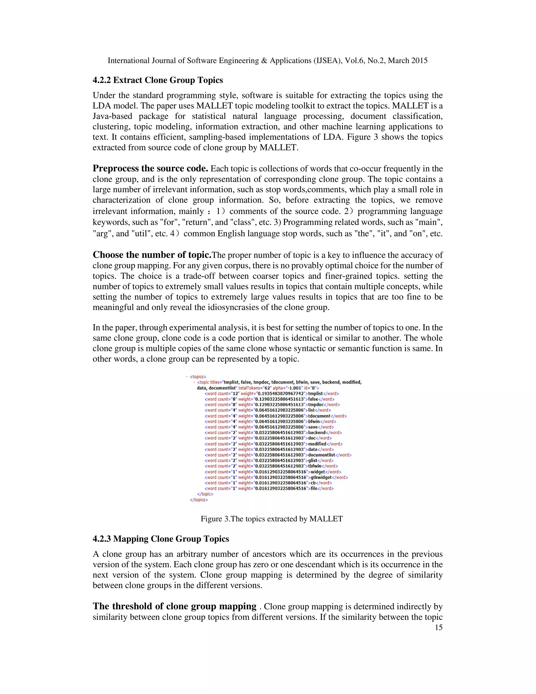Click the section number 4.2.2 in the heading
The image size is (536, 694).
pos(102,80)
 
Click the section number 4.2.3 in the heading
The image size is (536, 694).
pos(102,539)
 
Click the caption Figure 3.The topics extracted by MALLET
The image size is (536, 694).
pos(271,519)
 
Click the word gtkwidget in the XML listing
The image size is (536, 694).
pos(321,477)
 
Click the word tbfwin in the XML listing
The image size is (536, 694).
pos(315,466)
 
